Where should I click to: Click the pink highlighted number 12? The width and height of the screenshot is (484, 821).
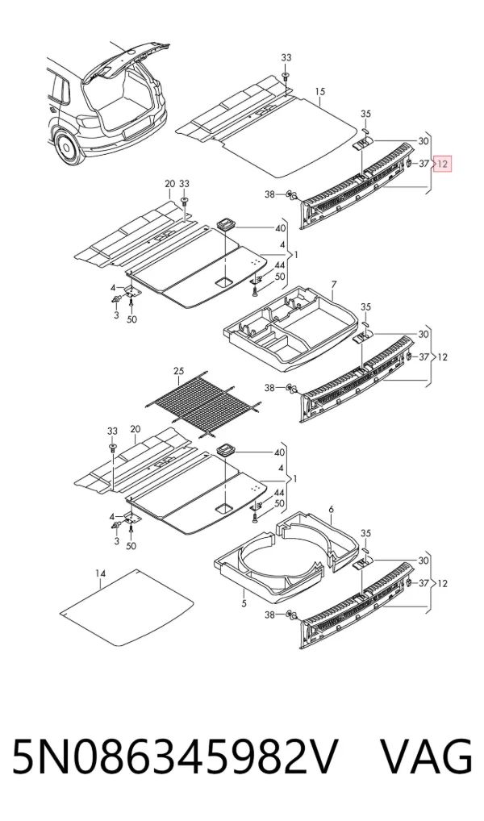(443, 164)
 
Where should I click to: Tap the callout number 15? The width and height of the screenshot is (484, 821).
(320, 92)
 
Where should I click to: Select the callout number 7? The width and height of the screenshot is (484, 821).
(334, 285)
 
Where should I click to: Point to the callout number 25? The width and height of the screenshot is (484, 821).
(178, 371)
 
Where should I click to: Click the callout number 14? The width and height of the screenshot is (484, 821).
(101, 574)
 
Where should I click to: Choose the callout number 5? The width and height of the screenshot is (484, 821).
(244, 604)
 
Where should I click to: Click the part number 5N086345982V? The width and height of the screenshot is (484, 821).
(174, 756)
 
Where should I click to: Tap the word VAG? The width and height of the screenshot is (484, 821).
(425, 756)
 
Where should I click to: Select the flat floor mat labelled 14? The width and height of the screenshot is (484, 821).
(126, 607)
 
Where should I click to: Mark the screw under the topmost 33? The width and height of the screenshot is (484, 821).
(286, 77)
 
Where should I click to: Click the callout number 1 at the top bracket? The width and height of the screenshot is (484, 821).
(296, 255)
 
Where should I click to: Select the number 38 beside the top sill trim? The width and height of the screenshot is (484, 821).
(269, 195)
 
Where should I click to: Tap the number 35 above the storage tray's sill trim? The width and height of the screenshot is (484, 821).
(365, 306)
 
